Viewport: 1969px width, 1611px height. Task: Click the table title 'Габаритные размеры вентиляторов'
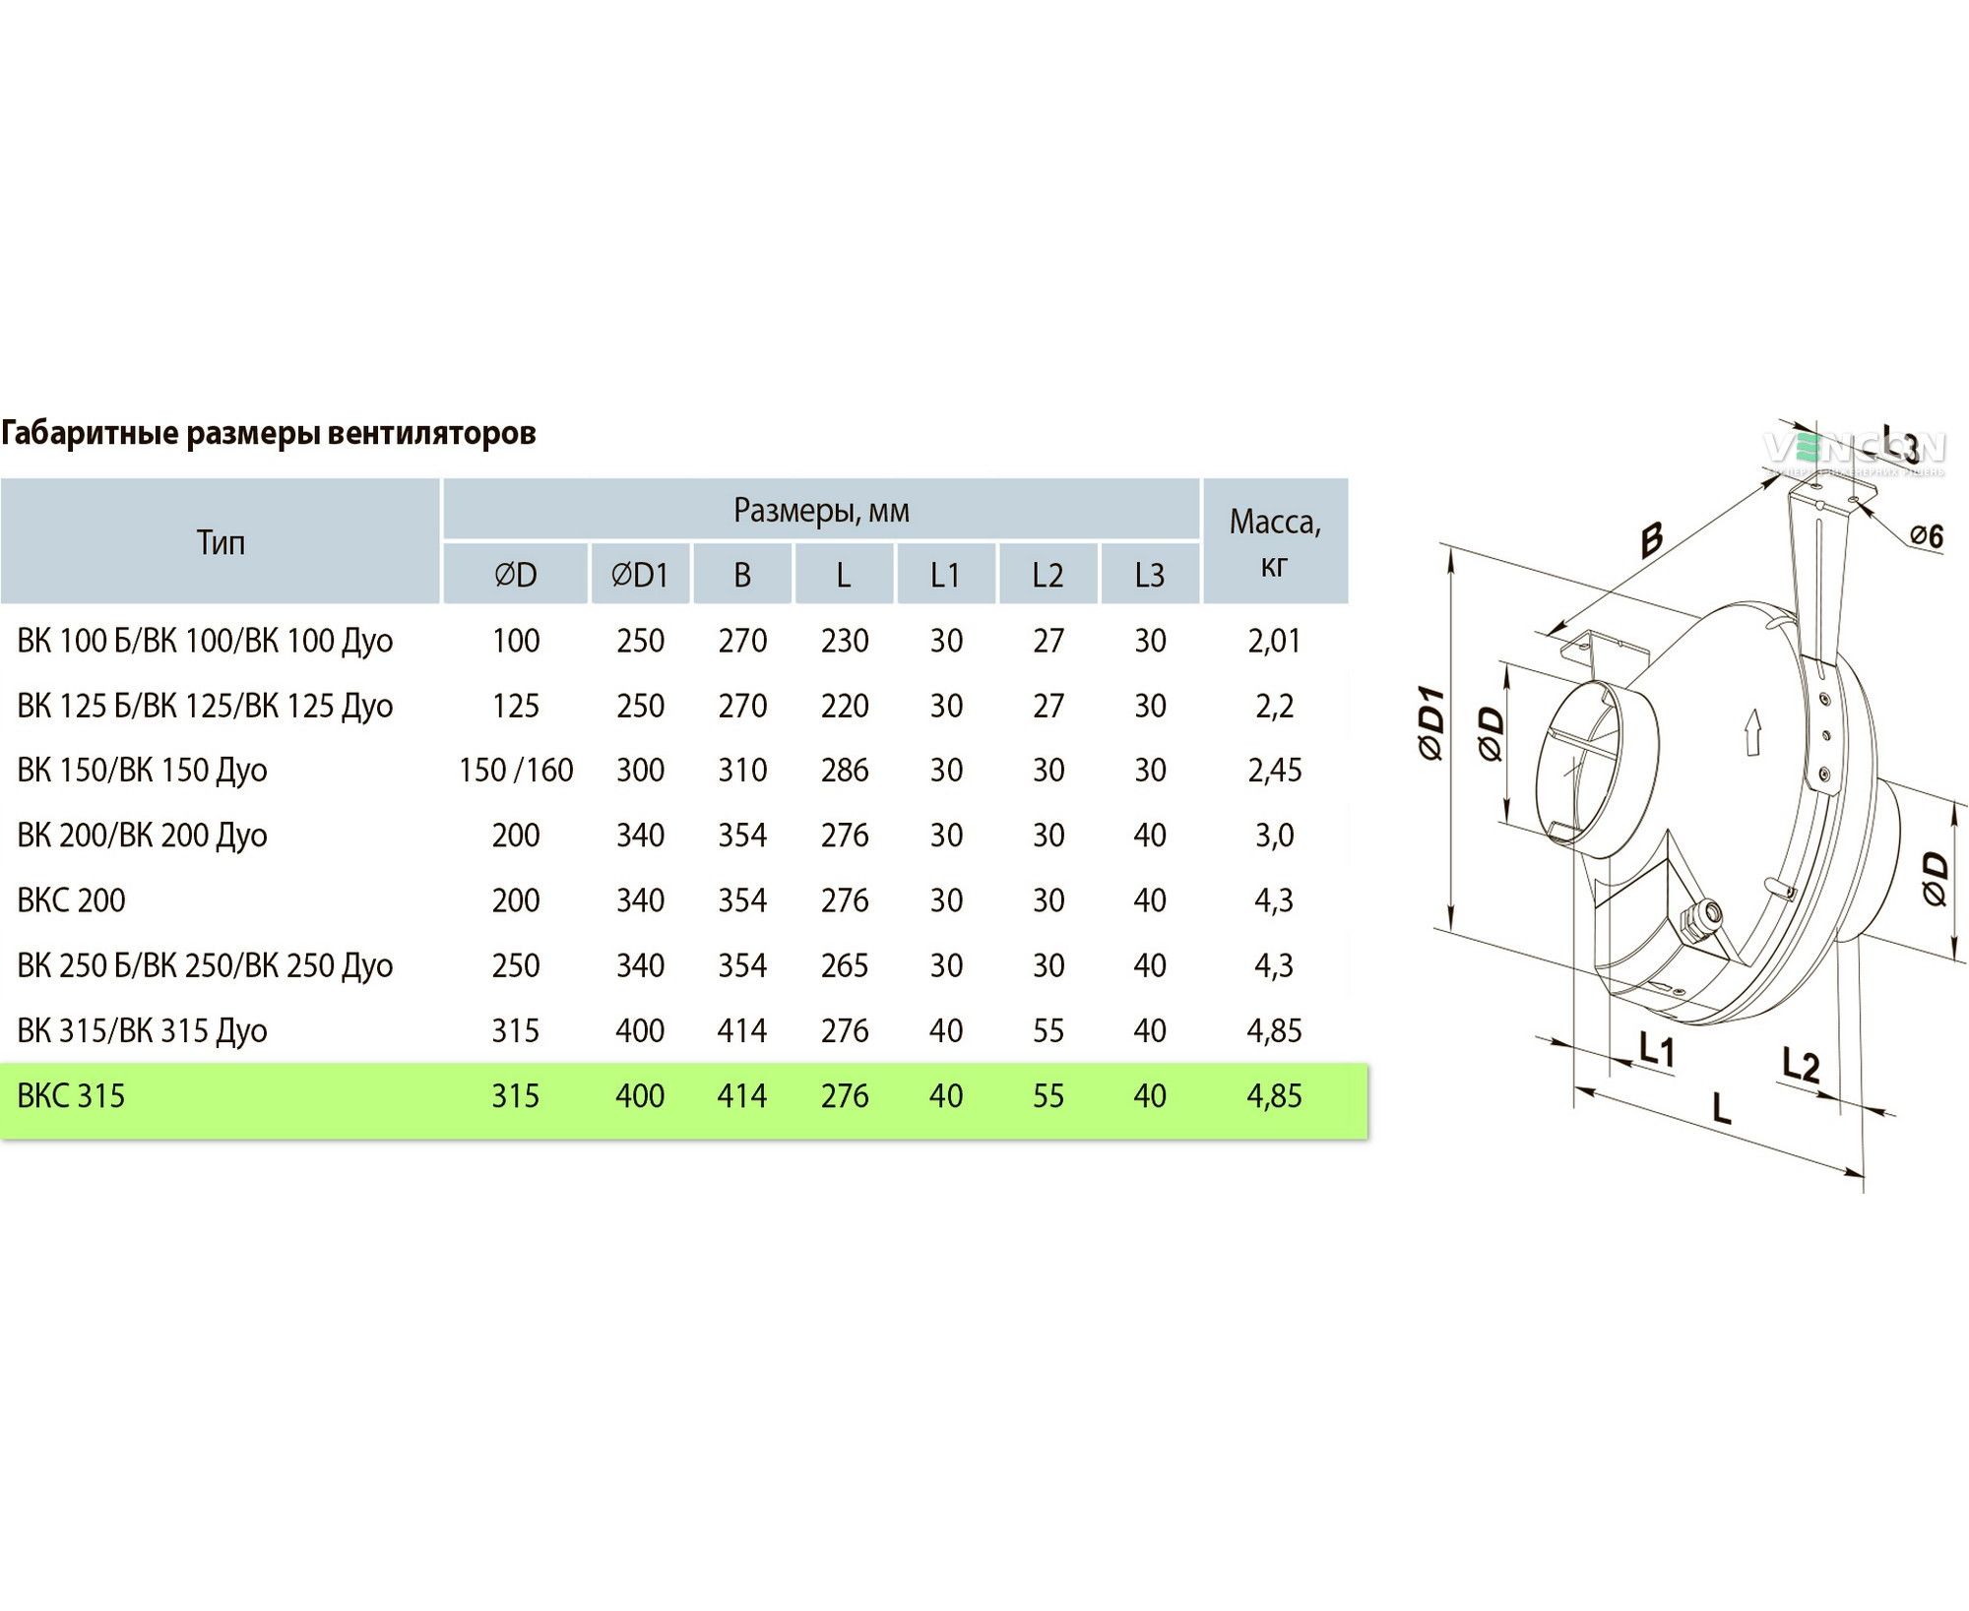[x=269, y=434]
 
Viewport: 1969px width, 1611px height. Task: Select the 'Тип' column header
[x=221, y=542]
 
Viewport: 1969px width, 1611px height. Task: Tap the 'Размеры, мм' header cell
[x=821, y=511]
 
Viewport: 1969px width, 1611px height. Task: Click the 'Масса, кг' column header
[x=1275, y=542]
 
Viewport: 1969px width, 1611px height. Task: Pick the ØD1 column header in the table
[x=640, y=575]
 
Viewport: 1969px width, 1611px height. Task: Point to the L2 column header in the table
[x=1048, y=575]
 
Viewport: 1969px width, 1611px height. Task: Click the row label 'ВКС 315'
[x=72, y=1095]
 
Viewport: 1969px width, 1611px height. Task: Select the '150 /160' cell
[x=516, y=770]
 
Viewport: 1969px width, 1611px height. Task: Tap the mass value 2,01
[x=1275, y=641]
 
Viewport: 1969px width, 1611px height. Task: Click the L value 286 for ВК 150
[x=845, y=770]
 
